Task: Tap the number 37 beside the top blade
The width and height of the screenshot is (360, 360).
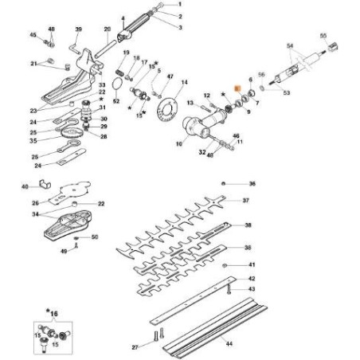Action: [x=246, y=200]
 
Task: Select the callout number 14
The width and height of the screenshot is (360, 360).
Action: [x=185, y=82]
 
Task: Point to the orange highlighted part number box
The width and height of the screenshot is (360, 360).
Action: [x=236, y=92]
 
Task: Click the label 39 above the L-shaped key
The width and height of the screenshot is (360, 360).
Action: [x=78, y=29]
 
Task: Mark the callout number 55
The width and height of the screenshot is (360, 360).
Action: [x=323, y=36]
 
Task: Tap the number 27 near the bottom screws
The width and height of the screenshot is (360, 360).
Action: [x=135, y=347]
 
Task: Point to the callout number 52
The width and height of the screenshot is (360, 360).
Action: [x=117, y=102]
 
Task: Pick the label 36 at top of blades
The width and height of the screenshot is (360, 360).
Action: [x=252, y=184]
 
